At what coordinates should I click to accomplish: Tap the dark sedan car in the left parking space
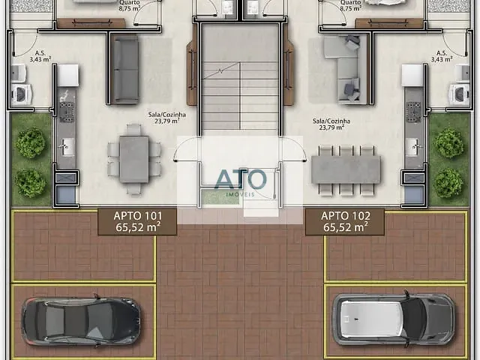81,320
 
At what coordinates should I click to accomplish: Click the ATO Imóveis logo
240,181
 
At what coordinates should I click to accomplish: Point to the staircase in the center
240,82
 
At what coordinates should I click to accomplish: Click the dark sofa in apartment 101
125,69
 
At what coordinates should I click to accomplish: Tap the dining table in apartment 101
134,159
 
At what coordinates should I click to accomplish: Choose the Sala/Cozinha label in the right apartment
331,124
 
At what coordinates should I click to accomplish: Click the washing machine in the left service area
22,93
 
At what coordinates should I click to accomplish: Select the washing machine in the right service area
458,93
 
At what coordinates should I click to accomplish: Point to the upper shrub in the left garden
31,142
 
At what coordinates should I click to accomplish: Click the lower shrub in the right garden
448,181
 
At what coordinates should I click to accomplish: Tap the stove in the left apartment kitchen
67,112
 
